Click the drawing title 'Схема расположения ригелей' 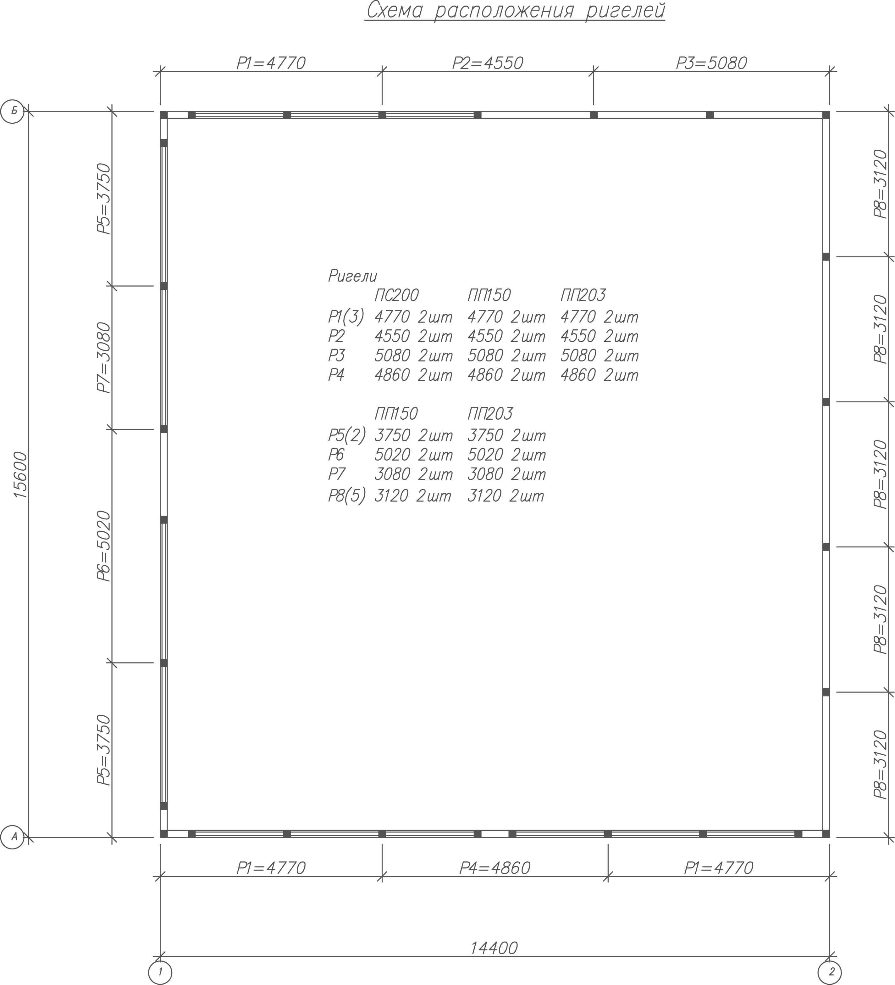[x=516, y=11]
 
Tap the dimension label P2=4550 [x=488, y=63]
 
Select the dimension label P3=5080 [x=711, y=63]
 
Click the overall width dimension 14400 [x=494, y=948]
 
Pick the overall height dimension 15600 [x=20, y=474]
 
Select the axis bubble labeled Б [x=12, y=111]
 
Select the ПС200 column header [x=396, y=295]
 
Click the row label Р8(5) [x=347, y=496]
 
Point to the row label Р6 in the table [x=336, y=455]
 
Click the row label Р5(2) [x=347, y=435]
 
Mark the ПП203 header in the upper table [x=583, y=295]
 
